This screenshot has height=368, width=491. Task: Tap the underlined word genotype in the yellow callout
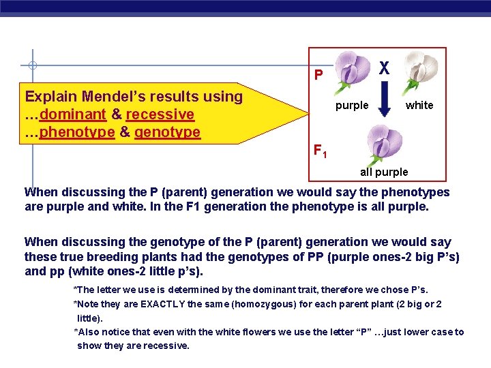click(167, 132)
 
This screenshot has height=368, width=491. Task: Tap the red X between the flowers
click(385, 68)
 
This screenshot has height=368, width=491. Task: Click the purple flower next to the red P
click(351, 74)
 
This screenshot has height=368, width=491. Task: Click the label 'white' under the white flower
click(419, 105)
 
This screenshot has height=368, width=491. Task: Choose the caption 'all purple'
click(384, 172)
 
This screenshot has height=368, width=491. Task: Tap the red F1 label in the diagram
click(320, 151)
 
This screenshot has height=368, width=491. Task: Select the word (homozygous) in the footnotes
click(256, 304)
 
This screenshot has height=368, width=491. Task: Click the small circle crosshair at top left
click(32, 66)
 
